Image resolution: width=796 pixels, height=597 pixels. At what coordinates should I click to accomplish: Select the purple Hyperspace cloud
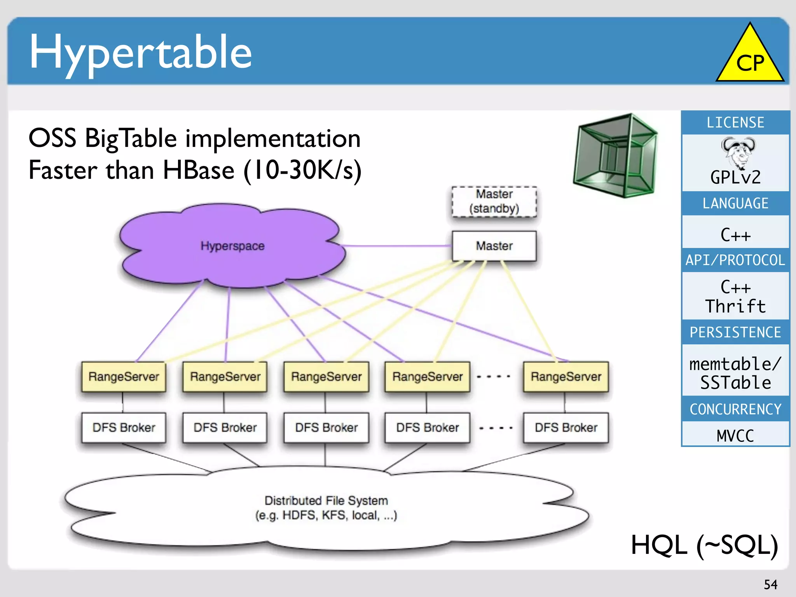(x=232, y=246)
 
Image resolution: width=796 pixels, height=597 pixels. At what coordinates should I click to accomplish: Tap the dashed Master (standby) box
(x=494, y=201)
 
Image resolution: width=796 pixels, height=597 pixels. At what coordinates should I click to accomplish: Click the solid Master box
(x=494, y=246)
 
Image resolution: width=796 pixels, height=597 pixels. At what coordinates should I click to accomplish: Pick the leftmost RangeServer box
(x=124, y=376)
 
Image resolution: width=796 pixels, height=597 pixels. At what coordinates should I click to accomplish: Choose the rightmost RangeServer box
(x=566, y=376)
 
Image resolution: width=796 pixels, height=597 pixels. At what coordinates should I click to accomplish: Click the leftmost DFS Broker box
(x=124, y=428)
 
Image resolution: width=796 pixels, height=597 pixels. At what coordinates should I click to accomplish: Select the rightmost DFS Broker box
(x=566, y=428)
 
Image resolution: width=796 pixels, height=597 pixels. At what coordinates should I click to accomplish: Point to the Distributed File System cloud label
(x=326, y=508)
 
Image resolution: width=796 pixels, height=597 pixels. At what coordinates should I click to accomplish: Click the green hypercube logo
(x=616, y=155)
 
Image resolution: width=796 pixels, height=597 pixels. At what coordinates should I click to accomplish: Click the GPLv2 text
(x=735, y=178)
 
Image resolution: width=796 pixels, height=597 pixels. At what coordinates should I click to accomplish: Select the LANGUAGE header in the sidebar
(x=735, y=203)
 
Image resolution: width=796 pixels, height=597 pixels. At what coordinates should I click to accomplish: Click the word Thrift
(x=735, y=306)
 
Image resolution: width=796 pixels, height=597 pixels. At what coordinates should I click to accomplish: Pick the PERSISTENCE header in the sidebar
(x=735, y=332)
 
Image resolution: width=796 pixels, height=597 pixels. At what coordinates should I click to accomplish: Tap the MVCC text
(x=735, y=436)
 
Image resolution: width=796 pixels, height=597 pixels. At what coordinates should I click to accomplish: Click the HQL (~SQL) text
(x=704, y=545)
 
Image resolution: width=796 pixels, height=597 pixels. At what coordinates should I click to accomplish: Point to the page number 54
(x=770, y=585)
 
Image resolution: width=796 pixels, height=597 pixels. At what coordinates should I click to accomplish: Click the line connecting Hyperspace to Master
(x=396, y=246)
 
